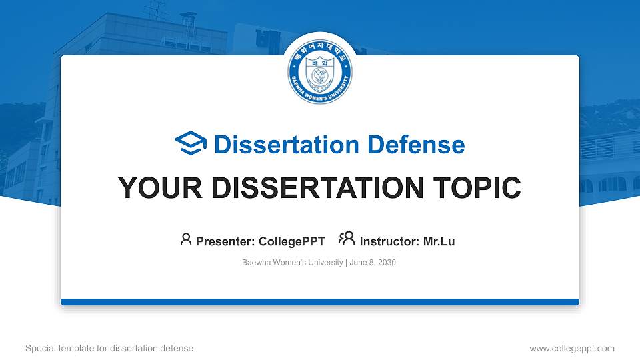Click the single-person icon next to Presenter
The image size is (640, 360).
(186, 239)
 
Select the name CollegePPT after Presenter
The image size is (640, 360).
(292, 241)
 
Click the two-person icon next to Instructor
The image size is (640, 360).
(347, 239)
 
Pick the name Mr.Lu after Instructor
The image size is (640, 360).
(439, 241)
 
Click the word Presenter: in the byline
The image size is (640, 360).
(225, 241)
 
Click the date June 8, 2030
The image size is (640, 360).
(373, 263)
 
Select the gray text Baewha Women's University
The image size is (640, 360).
(292, 263)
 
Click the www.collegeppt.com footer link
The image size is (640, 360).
(572, 348)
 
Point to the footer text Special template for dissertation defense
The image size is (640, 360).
(109, 348)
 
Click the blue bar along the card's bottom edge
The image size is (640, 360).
(320, 302)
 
